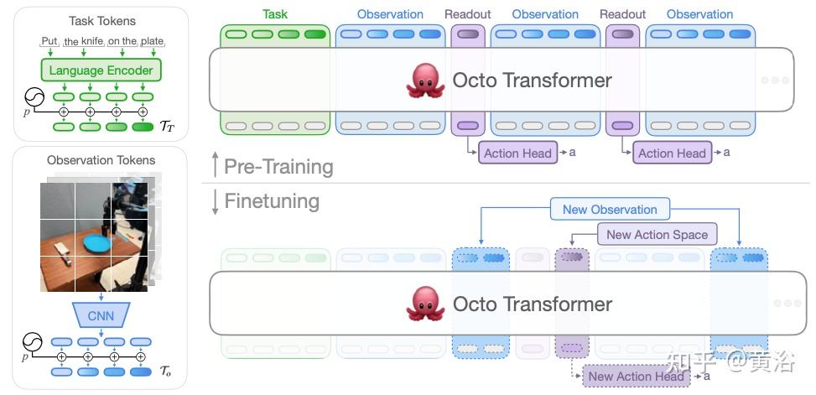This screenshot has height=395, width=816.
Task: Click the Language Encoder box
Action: [x=101, y=70]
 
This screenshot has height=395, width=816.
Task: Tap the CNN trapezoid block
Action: [x=101, y=315]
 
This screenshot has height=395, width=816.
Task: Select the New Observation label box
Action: [x=610, y=209]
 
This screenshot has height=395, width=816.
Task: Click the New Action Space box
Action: [x=657, y=235]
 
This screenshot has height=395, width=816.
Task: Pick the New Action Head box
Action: [x=637, y=377]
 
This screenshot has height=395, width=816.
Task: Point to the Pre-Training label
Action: [x=278, y=167]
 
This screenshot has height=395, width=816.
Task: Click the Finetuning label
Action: [x=272, y=201]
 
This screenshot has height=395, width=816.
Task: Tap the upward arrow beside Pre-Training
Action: [x=215, y=165]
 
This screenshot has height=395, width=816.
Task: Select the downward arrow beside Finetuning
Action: [x=215, y=202]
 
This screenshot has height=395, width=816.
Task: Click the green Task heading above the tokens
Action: [x=274, y=14]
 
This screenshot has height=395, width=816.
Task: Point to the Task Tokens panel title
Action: [x=101, y=21]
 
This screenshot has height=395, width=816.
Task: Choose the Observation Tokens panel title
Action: [x=101, y=160]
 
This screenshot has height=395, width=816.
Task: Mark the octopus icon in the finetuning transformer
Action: [x=424, y=304]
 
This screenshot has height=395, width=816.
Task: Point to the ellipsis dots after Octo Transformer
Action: [x=775, y=81]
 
